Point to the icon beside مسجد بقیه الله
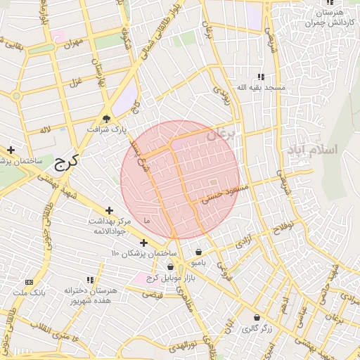pyautogui.click(x=261, y=76)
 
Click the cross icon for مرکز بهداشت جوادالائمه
pyautogui.click(x=109, y=210)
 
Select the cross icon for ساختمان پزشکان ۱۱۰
pyautogui.click(x=143, y=243)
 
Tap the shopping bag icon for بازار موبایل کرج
pyautogui.click(x=171, y=266)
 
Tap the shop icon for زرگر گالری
pyautogui.click(x=257, y=317)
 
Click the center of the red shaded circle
pyautogui.click(x=180, y=180)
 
